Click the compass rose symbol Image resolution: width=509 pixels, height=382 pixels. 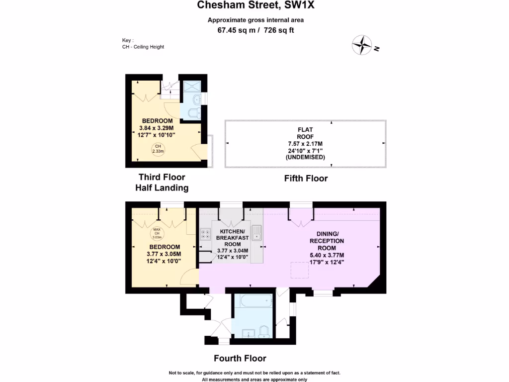pyautogui.click(x=362, y=45)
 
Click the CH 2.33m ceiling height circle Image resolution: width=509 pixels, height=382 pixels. pyautogui.click(x=158, y=148)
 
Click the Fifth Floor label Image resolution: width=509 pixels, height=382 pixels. pyautogui.click(x=306, y=178)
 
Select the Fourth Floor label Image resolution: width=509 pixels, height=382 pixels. pyautogui.click(x=240, y=358)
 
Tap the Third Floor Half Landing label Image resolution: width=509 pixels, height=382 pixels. pyautogui.click(x=162, y=183)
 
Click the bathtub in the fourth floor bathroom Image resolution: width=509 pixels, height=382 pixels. pyautogui.click(x=253, y=301)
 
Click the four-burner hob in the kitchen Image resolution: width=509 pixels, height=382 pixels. pyautogui.click(x=205, y=234)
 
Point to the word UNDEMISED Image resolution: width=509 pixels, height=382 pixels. pyautogui.click(x=305, y=157)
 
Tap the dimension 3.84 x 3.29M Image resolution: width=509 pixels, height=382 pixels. pyautogui.click(x=157, y=127)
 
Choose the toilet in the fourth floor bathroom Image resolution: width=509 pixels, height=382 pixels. pyautogui.click(x=264, y=330)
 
